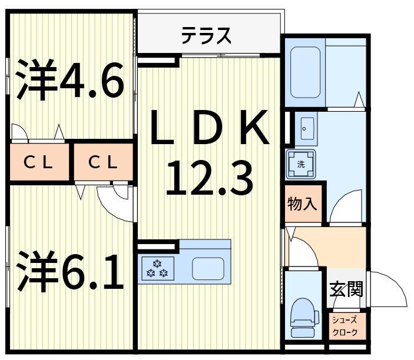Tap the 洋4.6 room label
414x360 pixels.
(70, 81)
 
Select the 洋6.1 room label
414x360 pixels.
(70, 271)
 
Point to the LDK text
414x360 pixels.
(209, 128)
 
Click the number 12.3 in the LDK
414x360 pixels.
(209, 178)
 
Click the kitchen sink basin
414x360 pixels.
(207, 268)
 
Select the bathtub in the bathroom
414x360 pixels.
(305, 72)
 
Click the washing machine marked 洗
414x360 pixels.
(301, 164)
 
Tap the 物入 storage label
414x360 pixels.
(302, 204)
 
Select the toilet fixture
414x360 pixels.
(304, 316)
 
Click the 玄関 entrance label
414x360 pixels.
(346, 289)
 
